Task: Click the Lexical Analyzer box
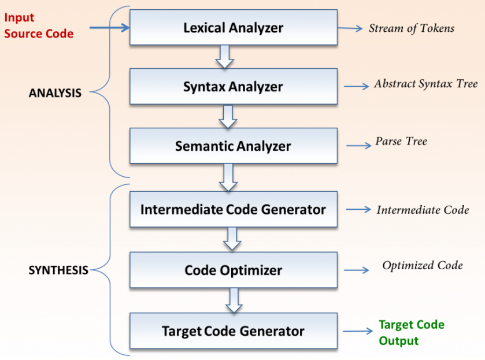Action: click(233, 28)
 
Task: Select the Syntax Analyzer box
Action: click(233, 87)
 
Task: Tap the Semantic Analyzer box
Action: click(233, 146)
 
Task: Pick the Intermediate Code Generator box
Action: click(233, 209)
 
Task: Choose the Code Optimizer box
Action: click(233, 270)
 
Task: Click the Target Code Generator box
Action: click(233, 331)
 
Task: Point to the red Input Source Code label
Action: click(39, 26)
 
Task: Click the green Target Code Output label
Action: click(411, 333)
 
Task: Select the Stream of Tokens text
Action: click(411, 28)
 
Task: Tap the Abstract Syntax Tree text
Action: click(425, 84)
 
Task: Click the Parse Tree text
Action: click(401, 142)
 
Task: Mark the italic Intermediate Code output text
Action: click(423, 210)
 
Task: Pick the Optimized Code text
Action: click(422, 265)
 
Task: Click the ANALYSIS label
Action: click(55, 92)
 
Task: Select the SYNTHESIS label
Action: click(58, 270)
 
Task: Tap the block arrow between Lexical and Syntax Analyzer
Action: click(224, 57)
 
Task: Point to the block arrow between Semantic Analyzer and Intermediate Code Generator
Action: click(229, 177)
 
